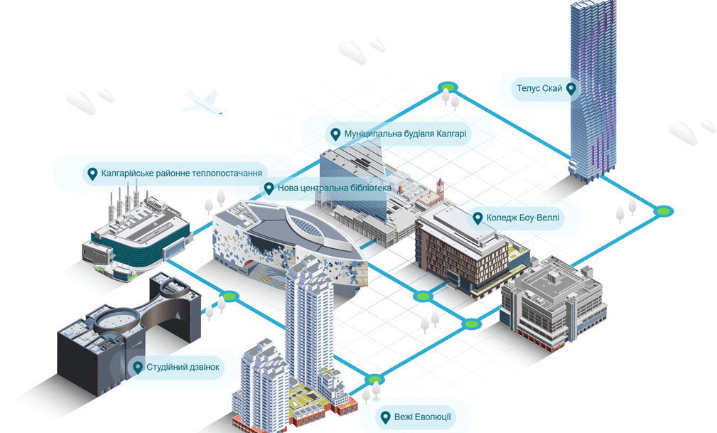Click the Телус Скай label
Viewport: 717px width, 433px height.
[539, 90]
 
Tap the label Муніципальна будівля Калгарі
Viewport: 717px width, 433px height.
[406, 134]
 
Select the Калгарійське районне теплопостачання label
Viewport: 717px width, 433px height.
[181, 173]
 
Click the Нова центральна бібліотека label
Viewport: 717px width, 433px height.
[334, 188]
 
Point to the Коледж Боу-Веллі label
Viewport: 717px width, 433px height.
[522, 218]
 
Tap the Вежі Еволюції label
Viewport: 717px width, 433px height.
[422, 417]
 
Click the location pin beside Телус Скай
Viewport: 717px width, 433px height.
[571, 89]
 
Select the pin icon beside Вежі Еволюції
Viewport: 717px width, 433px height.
[385, 417]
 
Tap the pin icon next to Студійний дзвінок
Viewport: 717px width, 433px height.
[138, 368]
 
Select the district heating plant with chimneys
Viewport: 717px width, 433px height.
[135, 231]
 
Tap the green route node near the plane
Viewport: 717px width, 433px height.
[448, 87]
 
